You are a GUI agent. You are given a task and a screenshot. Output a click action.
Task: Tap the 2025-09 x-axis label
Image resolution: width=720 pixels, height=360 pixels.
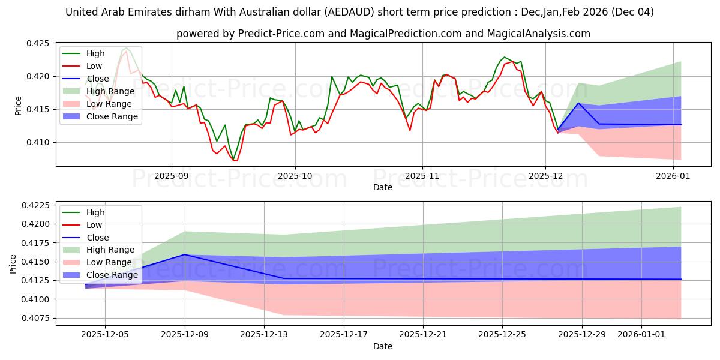(172, 176)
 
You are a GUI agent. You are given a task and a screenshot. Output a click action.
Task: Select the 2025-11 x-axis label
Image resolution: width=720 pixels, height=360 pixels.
(422, 176)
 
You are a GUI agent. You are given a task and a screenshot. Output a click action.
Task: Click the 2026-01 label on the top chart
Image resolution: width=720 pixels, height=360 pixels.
(673, 176)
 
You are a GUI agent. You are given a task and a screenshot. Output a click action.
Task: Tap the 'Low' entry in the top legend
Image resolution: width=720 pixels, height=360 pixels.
(95, 66)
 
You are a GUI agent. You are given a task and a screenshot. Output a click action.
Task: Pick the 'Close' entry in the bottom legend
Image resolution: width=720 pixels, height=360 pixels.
(98, 238)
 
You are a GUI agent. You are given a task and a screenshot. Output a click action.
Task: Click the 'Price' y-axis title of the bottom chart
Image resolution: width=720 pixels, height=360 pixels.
(13, 263)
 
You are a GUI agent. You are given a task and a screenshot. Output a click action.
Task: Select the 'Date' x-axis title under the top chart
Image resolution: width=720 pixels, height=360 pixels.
(383, 188)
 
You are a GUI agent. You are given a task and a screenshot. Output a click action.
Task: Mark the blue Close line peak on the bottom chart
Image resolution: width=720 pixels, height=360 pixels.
(185, 254)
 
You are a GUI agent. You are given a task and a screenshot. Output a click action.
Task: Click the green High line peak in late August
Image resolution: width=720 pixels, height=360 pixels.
(126, 48)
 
